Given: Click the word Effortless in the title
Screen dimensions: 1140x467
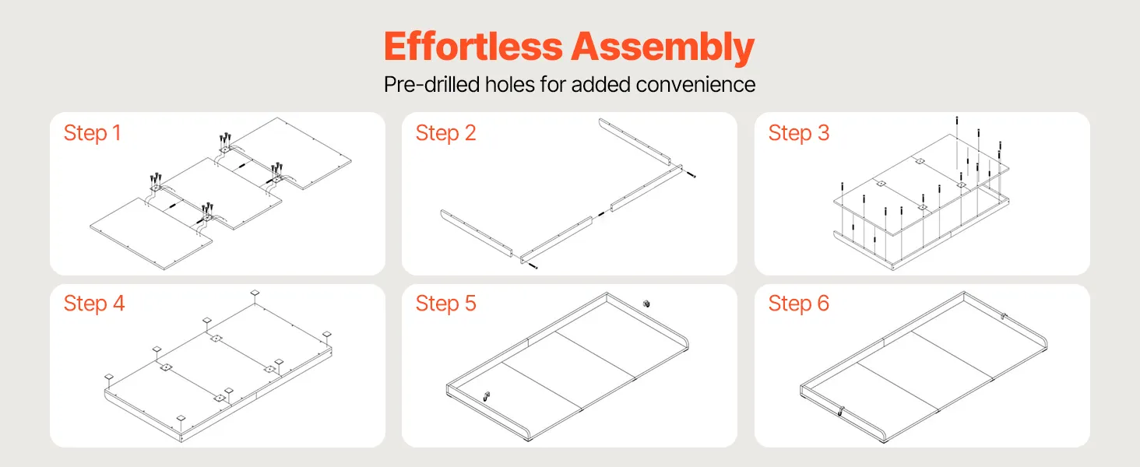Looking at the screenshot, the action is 473,47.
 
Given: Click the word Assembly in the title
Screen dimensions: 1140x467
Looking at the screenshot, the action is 663,47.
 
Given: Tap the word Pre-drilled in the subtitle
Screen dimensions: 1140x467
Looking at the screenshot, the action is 431,84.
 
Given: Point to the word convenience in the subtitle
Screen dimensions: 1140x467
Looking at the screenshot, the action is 695,84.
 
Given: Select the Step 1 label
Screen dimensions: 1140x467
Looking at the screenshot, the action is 92,133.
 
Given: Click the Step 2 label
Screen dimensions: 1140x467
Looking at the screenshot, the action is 446,133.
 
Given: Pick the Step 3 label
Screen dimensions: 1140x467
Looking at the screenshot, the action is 799,133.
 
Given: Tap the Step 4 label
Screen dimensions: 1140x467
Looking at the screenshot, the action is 94,304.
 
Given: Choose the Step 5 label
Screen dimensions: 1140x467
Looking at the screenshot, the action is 446,304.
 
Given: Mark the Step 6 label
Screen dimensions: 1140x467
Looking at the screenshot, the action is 799,304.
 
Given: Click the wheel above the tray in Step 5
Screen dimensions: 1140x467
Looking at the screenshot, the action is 646,304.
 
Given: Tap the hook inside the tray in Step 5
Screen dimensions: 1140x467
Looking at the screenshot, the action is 487,396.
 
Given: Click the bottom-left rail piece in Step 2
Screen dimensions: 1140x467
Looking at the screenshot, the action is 477,233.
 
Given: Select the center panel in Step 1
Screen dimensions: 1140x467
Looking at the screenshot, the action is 221,193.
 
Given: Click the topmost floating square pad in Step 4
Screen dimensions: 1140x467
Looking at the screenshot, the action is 255,293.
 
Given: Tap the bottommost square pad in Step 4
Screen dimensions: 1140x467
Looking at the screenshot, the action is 181,418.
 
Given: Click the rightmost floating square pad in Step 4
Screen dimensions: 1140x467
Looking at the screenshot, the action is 327,334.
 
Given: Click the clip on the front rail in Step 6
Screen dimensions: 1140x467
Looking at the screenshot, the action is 839,411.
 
